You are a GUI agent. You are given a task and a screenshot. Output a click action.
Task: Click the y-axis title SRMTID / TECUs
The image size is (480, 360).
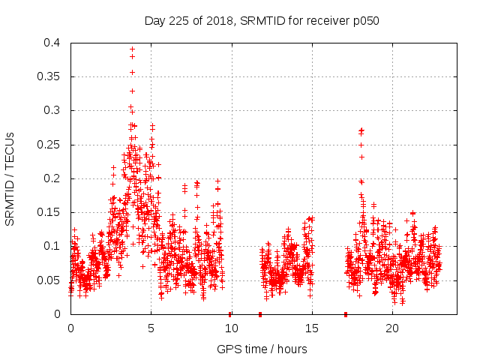click(x=10, y=178)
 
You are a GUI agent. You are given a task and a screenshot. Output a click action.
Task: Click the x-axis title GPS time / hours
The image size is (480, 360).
click(x=262, y=349)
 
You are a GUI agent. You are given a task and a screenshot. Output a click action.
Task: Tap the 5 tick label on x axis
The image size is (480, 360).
click(x=151, y=328)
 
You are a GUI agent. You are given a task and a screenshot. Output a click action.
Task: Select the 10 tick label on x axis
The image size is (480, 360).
click(x=231, y=328)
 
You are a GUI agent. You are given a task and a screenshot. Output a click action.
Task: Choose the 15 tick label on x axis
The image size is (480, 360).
click(x=312, y=328)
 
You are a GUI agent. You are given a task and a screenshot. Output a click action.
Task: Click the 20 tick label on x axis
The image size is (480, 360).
click(x=392, y=328)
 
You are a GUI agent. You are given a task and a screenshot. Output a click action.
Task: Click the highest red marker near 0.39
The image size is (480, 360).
click(x=132, y=49)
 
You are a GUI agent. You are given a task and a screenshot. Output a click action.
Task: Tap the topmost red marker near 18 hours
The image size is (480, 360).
click(x=361, y=130)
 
